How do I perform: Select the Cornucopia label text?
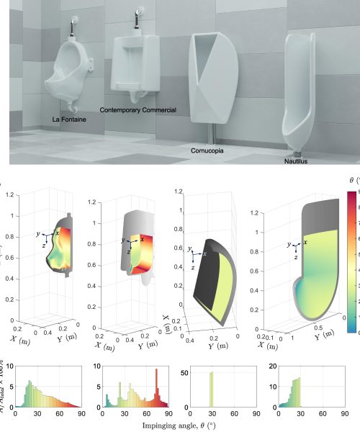point(207,151)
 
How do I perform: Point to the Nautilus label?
point(295,161)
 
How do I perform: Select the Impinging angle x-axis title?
point(179,425)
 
